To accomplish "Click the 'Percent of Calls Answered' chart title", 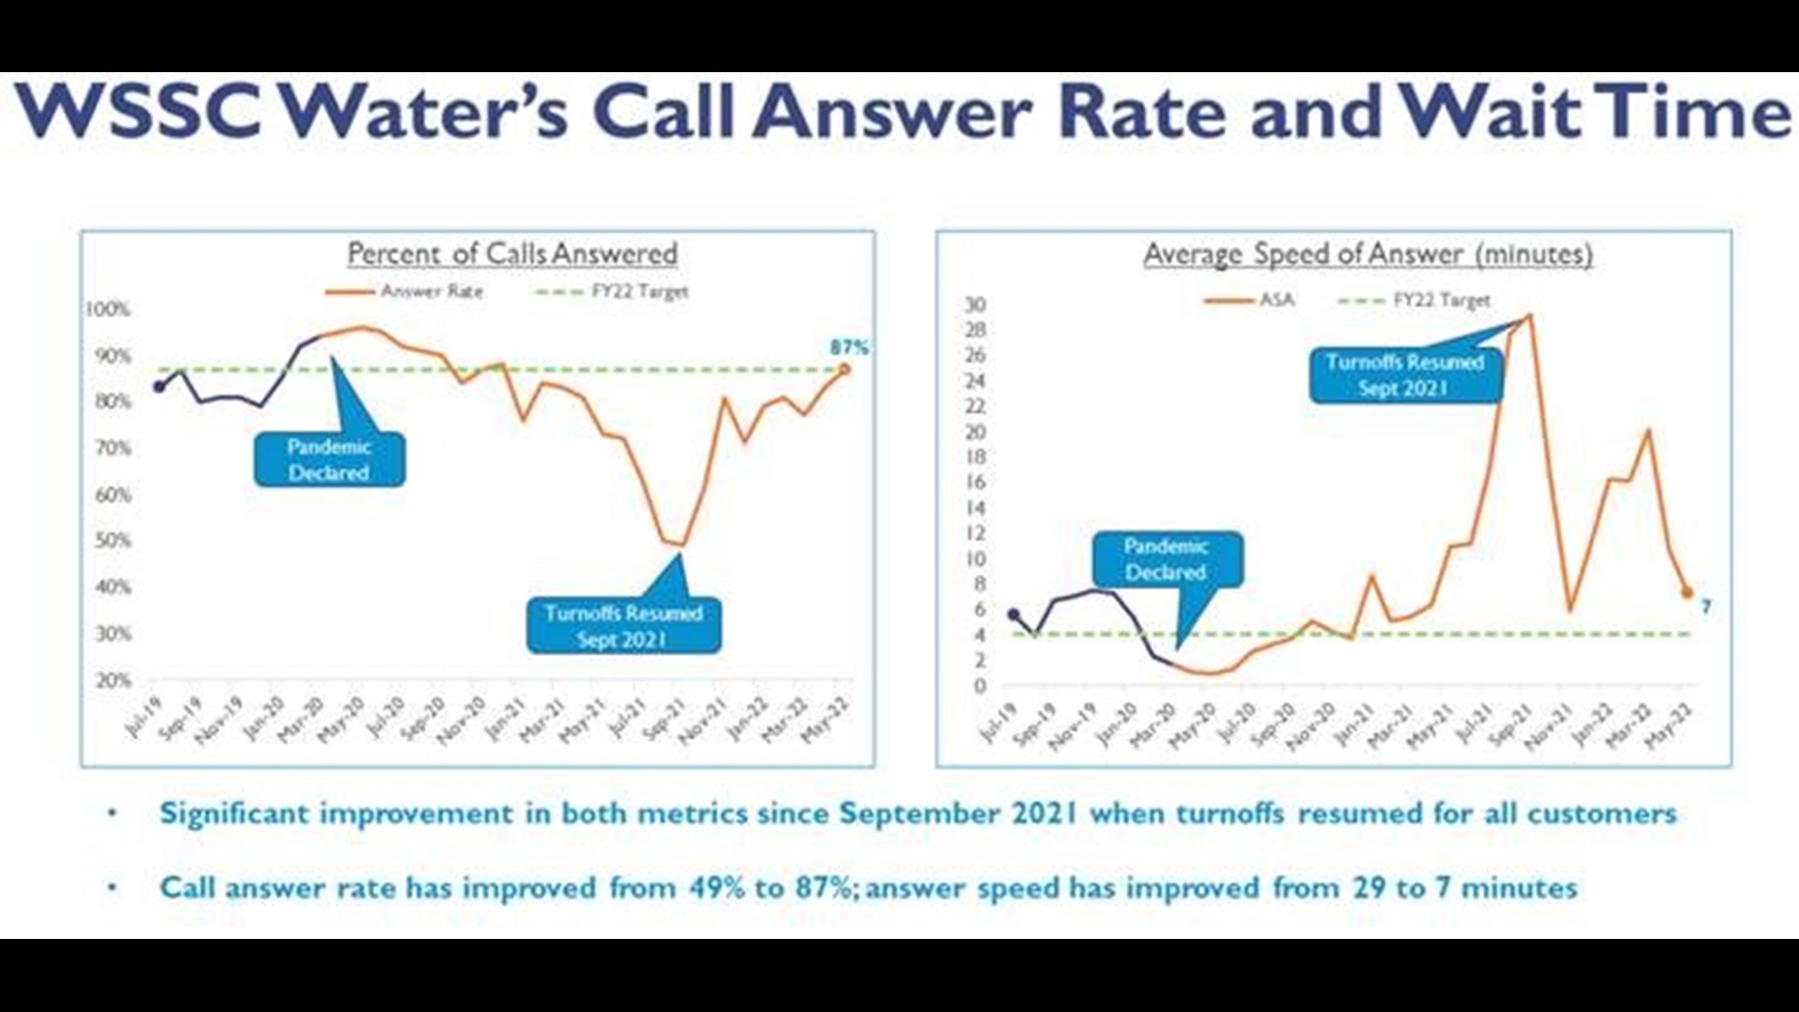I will [x=512, y=253].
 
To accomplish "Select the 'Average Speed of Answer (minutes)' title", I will [x=1367, y=254].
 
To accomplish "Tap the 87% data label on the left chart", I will [x=849, y=348].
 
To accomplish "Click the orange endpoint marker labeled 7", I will [x=1687, y=592].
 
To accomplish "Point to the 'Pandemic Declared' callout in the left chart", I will [x=329, y=459].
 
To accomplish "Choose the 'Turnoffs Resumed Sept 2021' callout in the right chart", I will [x=1405, y=375].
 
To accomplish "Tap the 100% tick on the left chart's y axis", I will [x=109, y=309].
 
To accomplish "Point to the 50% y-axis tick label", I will [x=112, y=541].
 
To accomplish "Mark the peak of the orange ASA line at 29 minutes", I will [x=1529, y=316].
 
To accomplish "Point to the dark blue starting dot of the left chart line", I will [x=159, y=386].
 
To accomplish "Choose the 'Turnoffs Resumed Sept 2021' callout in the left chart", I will [x=623, y=626].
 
